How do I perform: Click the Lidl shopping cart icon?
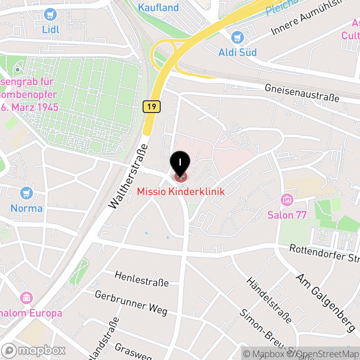point(50,15)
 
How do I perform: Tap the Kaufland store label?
point(158,8)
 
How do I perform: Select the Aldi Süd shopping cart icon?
point(237,37)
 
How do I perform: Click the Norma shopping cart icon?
point(27,193)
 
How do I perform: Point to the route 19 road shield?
point(151,107)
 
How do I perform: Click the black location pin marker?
point(180,163)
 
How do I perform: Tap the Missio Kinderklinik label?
point(180,192)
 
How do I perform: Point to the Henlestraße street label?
point(141,279)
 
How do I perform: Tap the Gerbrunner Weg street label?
point(131,302)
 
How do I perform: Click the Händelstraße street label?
point(269,300)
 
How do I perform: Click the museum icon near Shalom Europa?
point(27,297)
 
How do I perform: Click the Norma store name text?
point(27,208)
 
